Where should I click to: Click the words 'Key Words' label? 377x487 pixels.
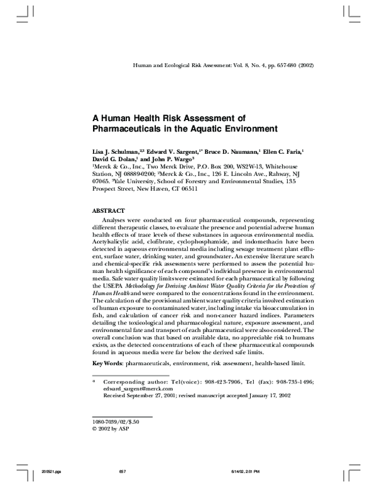(107, 363)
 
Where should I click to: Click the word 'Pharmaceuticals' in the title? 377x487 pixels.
(130, 130)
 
